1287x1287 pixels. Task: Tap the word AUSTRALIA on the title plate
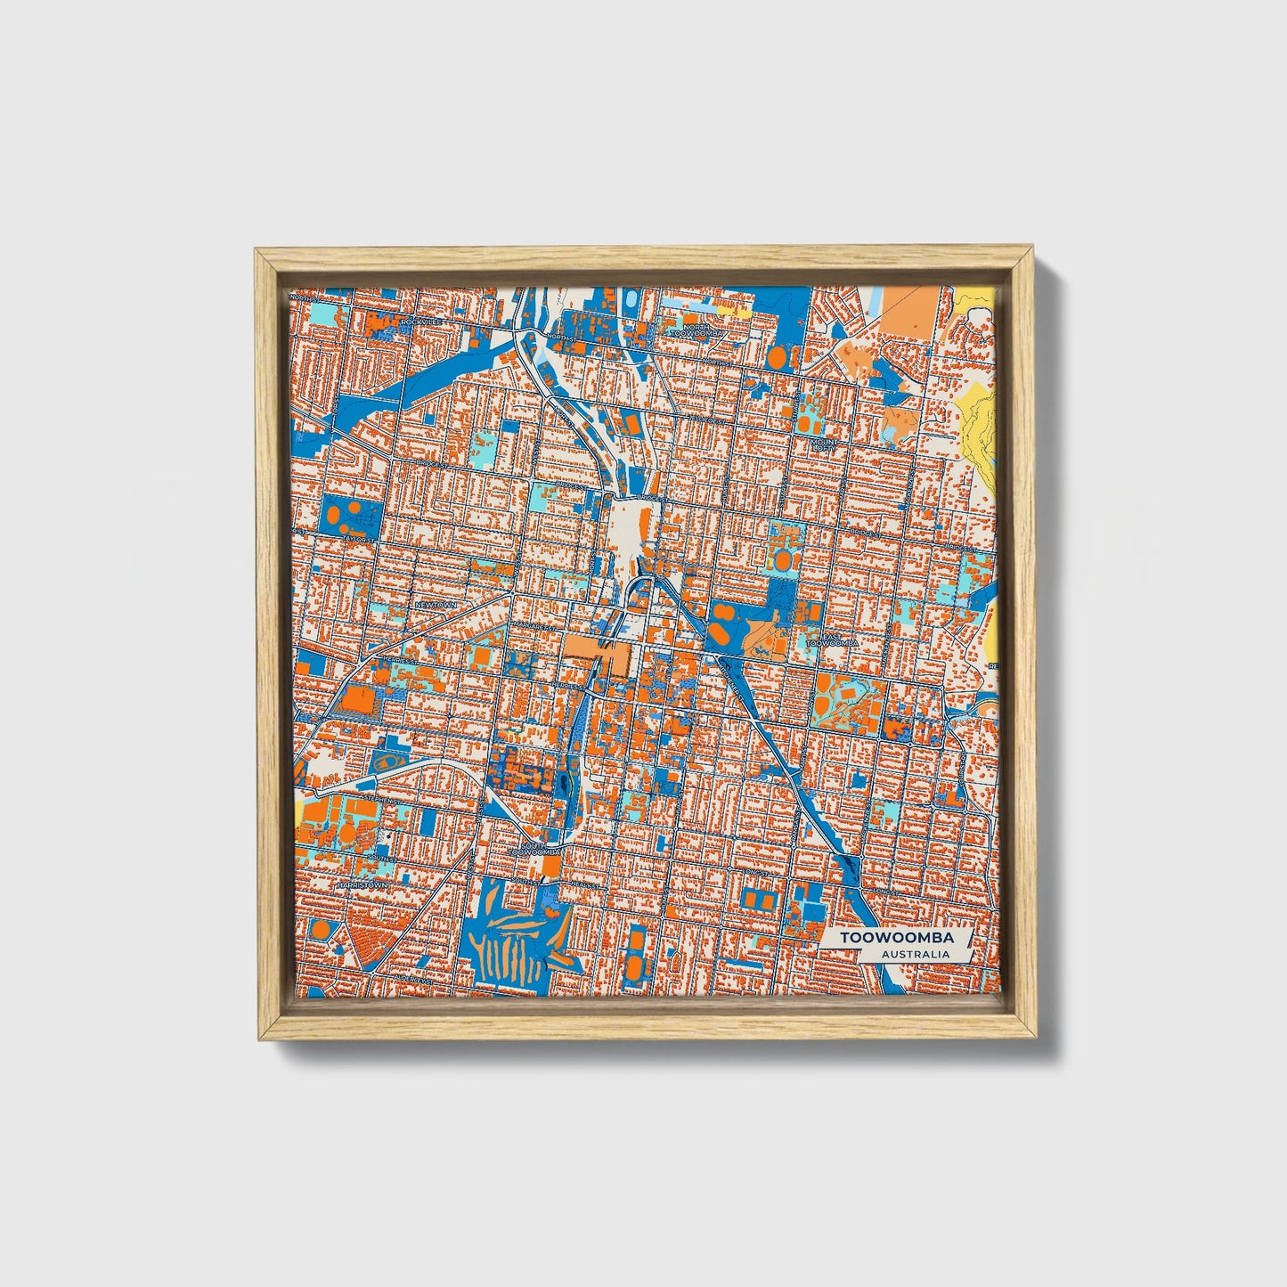(915, 954)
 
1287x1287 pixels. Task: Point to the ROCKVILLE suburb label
(421, 321)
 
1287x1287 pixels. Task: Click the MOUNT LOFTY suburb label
(824, 444)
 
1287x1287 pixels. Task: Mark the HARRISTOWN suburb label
(362, 886)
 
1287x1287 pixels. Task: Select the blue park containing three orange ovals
(348, 514)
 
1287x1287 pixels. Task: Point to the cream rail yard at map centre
(633, 525)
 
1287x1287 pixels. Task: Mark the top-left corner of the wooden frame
(257, 250)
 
